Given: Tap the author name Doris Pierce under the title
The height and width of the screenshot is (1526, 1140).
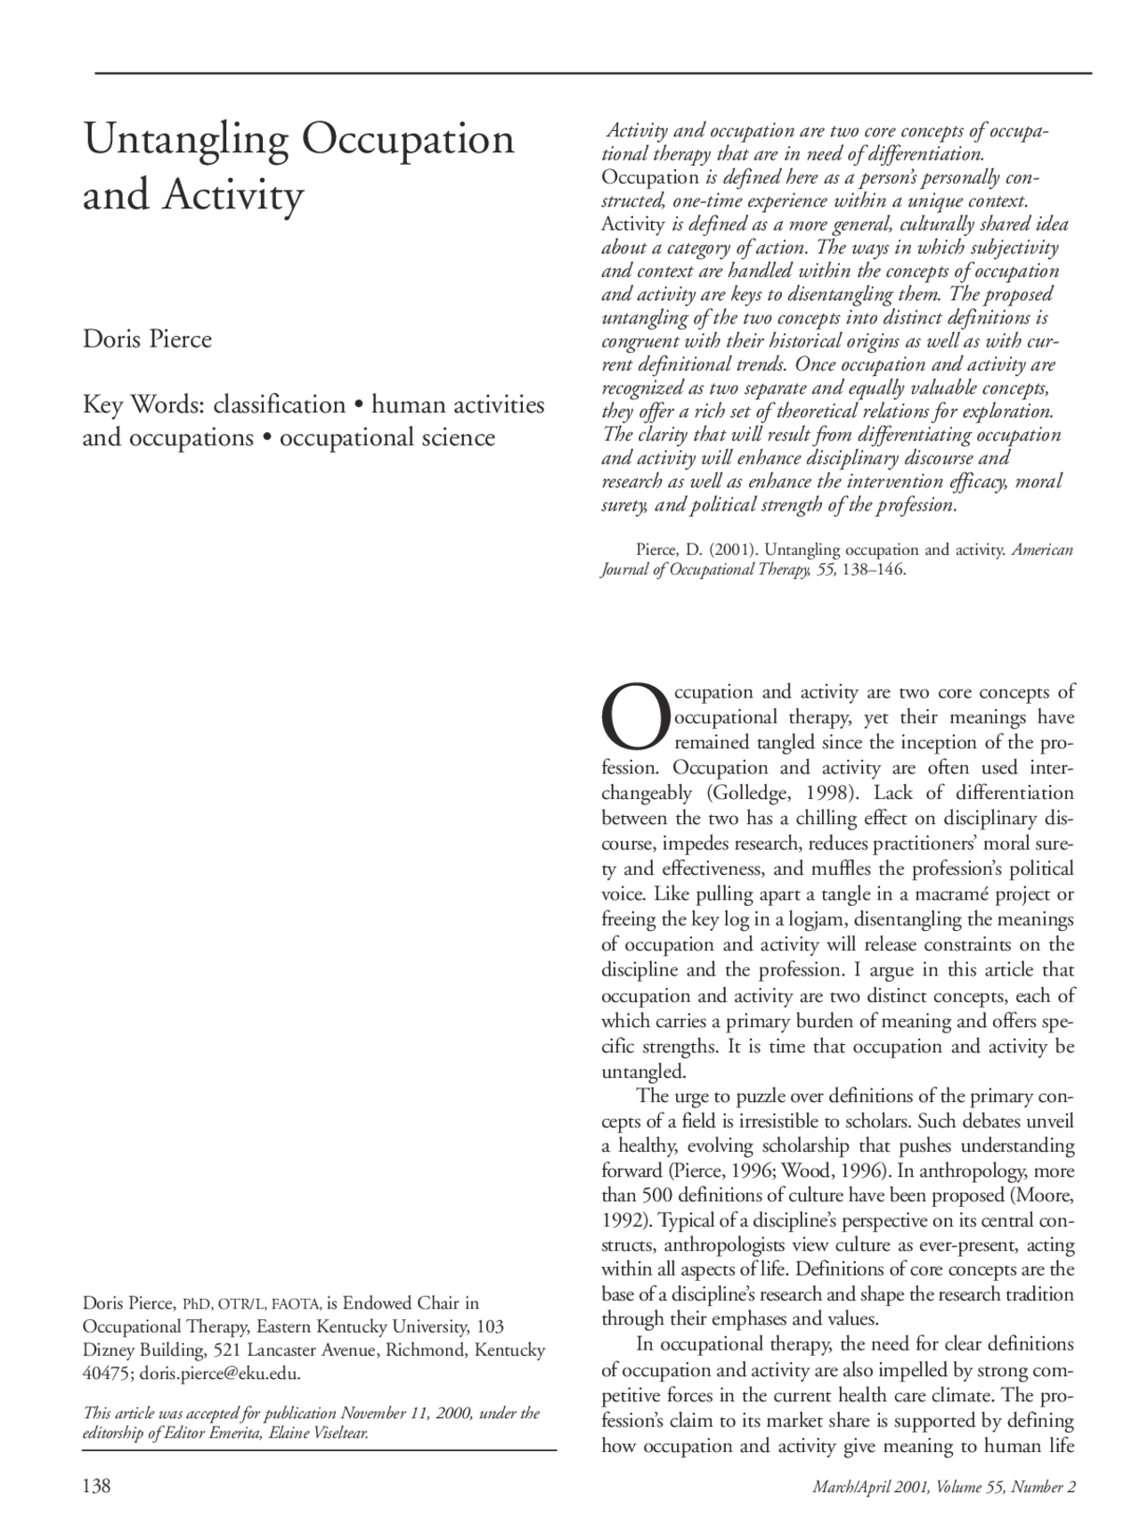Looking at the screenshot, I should click(x=147, y=339).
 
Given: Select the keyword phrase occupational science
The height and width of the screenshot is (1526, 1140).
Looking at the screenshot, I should click(x=387, y=437).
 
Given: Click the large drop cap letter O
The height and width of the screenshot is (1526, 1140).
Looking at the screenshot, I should click(x=634, y=717).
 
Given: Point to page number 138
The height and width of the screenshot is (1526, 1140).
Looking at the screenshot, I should click(x=96, y=1486).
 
